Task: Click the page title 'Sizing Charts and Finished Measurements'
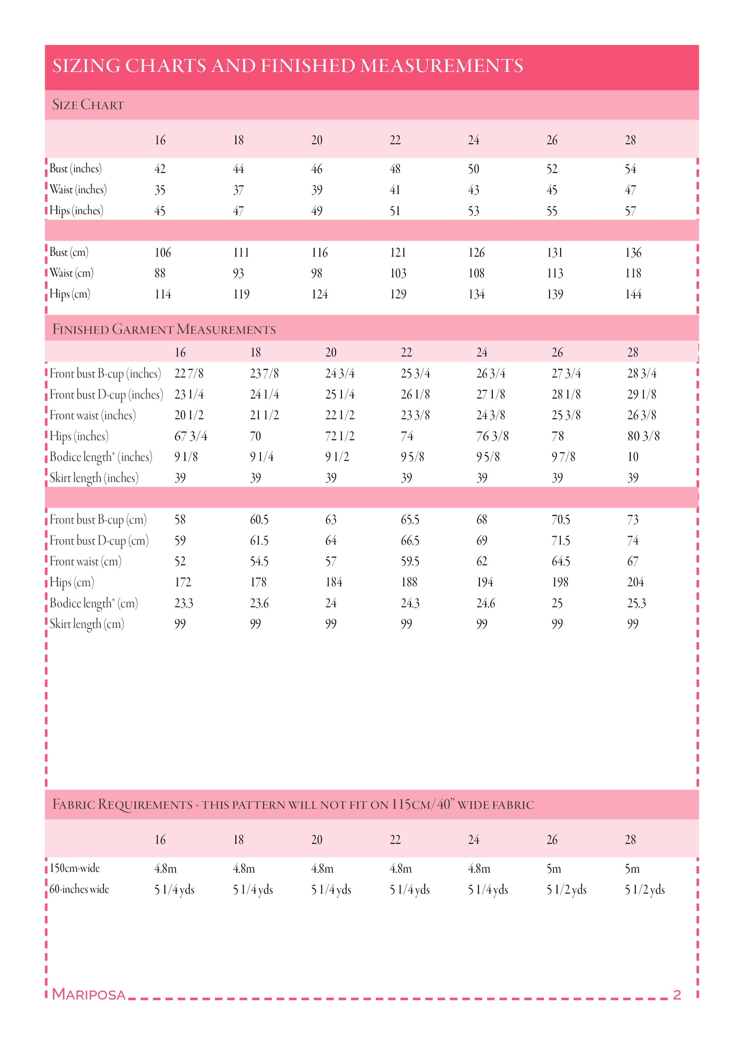(x=288, y=66)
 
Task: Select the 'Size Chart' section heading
(x=88, y=105)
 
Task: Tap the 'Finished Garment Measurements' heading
(x=164, y=330)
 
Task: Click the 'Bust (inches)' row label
(x=76, y=169)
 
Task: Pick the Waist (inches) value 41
(x=395, y=190)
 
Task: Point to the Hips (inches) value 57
(x=630, y=211)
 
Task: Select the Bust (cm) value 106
(x=163, y=253)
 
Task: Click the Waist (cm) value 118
(x=633, y=273)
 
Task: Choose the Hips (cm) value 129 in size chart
(x=398, y=295)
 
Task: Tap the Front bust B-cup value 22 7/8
(x=189, y=374)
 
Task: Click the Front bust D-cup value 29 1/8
(x=642, y=394)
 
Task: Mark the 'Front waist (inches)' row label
(x=93, y=416)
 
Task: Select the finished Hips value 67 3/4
(x=191, y=437)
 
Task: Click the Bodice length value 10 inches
(x=633, y=457)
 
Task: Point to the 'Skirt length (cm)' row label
(x=87, y=624)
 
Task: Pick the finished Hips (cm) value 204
(x=635, y=582)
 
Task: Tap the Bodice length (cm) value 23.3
(x=184, y=604)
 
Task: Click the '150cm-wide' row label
(x=75, y=869)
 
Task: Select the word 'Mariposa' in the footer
(x=89, y=994)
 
